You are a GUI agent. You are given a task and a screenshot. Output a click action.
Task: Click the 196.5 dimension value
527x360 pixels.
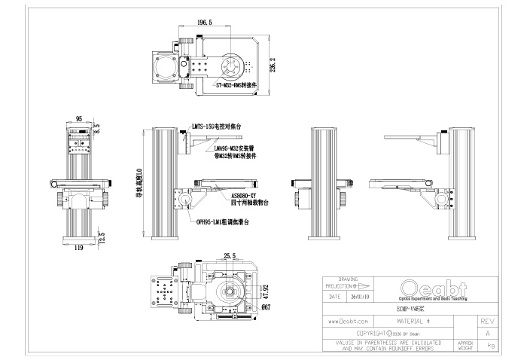tap(203, 23)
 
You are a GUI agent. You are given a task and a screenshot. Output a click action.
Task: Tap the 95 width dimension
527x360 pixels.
tap(78, 118)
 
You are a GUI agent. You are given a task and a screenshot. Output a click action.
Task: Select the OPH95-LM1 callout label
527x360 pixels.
tap(221, 223)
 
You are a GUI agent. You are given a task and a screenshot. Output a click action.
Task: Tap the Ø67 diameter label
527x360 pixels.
tap(265, 307)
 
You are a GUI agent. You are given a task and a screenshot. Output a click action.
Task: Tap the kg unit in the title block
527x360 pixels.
tap(492, 345)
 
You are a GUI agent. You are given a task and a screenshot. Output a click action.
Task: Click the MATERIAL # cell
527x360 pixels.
tap(412, 320)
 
